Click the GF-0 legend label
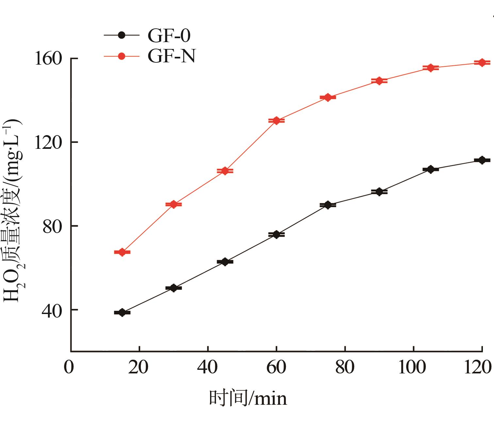coord(169,36)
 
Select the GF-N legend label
coord(172,56)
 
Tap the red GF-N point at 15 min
coord(122,252)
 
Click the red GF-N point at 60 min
coord(276,121)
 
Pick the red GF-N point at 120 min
coord(482,63)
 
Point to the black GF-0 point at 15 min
coord(122,313)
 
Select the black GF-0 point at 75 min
coord(328,205)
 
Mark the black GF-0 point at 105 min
coord(431,169)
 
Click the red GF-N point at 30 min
coord(173,205)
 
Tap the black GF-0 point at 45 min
coord(225,262)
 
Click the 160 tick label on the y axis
coord(48,59)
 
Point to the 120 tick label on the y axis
coord(48,143)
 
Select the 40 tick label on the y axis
coord(52,310)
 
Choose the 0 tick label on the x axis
coord(69,367)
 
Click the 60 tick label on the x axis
coord(276,367)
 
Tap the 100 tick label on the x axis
coord(412,367)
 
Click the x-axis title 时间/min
coord(248,398)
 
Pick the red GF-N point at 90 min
coord(379,81)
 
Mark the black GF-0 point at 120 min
coord(482,160)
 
